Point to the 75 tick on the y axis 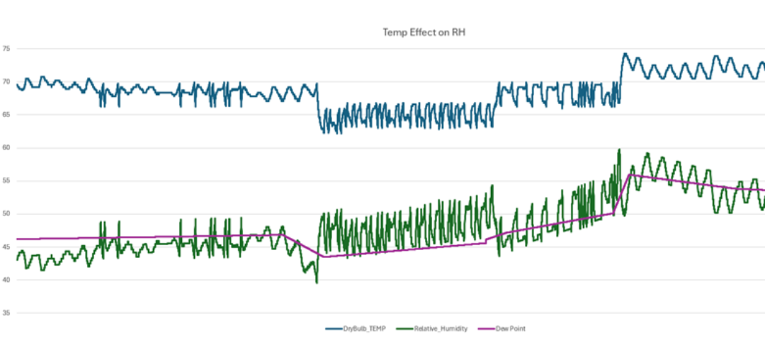click(6, 49)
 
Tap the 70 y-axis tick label click(6, 82)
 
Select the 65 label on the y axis click(6, 115)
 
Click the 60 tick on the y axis click(6, 148)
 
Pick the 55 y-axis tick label click(6, 181)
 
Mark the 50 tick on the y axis click(6, 214)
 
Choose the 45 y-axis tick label click(6, 247)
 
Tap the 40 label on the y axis click(6, 280)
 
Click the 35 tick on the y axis click(6, 313)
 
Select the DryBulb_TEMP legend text click(365, 329)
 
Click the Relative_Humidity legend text click(441, 329)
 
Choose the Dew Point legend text click(510, 329)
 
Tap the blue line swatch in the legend click(334, 329)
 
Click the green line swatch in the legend click(404, 329)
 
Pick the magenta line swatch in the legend click(485, 329)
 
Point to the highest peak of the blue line click(624, 53)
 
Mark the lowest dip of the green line click(317, 283)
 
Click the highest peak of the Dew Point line click(630, 174)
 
